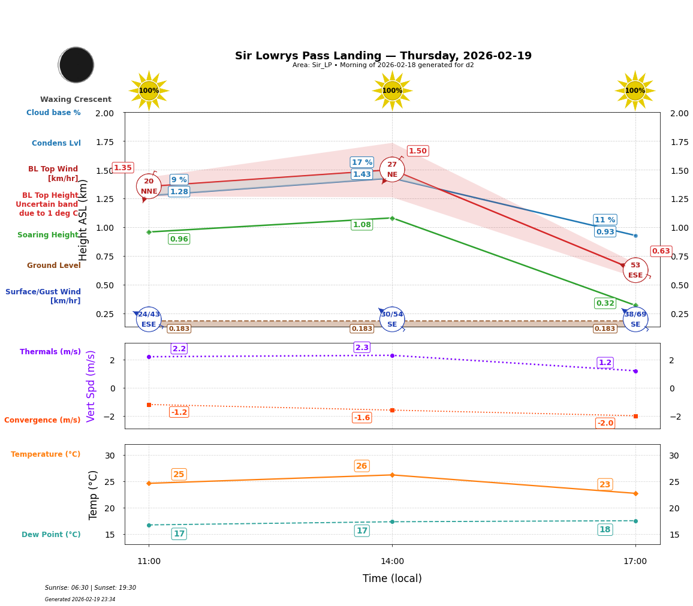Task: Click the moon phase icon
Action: tap(76, 65)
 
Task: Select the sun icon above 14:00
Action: tap(392, 91)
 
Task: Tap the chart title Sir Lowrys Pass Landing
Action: tap(383, 56)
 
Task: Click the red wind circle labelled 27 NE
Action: tap(392, 170)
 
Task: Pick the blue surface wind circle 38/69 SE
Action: tap(635, 319)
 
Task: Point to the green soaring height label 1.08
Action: tap(361, 225)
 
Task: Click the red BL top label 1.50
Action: tap(418, 151)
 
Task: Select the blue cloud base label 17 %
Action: tap(361, 162)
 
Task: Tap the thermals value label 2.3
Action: tap(362, 347)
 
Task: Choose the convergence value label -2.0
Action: tap(605, 423)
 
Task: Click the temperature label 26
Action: tap(361, 466)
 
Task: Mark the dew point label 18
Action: tap(605, 529)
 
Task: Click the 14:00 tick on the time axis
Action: tap(392, 562)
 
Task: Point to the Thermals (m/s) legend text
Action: tap(50, 352)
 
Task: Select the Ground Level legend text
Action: tap(54, 266)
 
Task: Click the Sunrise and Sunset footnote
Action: tap(91, 588)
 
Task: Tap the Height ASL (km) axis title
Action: tap(83, 220)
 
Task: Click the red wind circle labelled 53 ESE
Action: tap(635, 270)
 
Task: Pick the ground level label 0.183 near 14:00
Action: tap(361, 328)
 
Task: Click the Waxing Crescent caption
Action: tap(76, 100)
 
